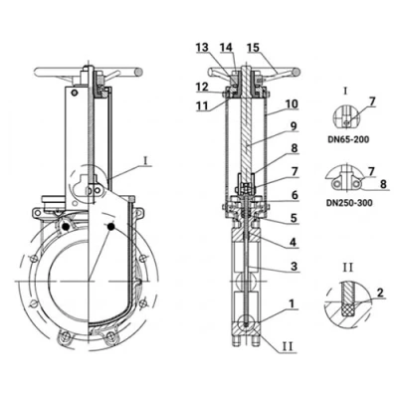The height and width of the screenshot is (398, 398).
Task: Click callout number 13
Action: click(x=202, y=48)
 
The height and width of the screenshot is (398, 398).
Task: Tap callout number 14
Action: click(x=227, y=48)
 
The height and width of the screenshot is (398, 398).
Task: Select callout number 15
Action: click(x=254, y=48)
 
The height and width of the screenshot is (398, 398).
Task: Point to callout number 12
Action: click(x=202, y=88)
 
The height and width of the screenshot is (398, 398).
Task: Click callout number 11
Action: click(x=202, y=105)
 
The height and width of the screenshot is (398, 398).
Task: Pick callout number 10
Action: click(x=293, y=104)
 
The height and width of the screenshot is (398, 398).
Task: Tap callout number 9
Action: click(x=293, y=126)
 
